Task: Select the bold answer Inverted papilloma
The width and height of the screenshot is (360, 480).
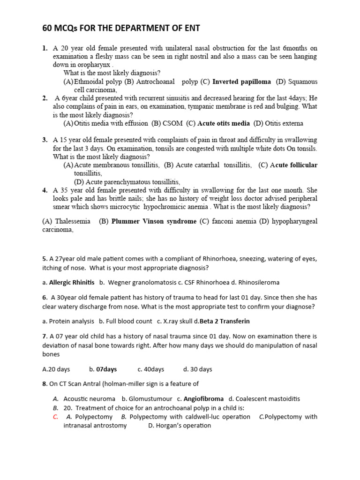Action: coord(241,82)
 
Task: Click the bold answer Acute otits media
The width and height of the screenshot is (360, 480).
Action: coord(224,124)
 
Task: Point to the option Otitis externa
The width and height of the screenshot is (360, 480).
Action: coord(284,124)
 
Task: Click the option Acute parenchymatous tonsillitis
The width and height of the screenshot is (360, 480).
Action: coord(127,182)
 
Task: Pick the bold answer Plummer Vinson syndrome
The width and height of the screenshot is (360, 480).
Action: coord(154,221)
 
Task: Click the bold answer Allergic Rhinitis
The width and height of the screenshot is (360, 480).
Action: coord(72,283)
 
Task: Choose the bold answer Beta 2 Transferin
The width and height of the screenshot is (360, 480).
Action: coord(225,321)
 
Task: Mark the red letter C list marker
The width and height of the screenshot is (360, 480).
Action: coord(55,417)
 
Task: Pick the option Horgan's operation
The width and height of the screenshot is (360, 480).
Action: coord(180,426)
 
